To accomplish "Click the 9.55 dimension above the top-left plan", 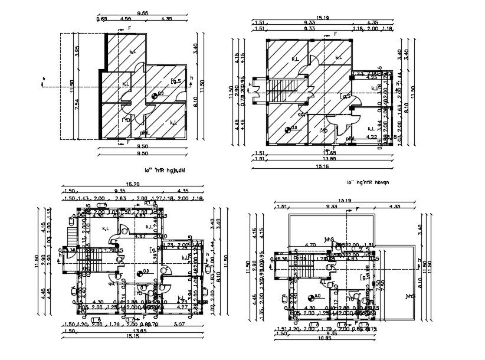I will [142, 13].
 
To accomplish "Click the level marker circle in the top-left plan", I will [155, 96].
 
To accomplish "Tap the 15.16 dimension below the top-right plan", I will [322, 167].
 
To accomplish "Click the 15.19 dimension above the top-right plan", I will [322, 18].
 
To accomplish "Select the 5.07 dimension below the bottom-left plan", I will [179, 324].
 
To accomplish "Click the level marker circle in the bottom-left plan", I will [139, 273].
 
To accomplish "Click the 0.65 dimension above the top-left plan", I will [102, 19].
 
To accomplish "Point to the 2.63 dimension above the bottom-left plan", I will [120, 198].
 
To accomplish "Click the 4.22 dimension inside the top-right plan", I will [372, 137].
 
